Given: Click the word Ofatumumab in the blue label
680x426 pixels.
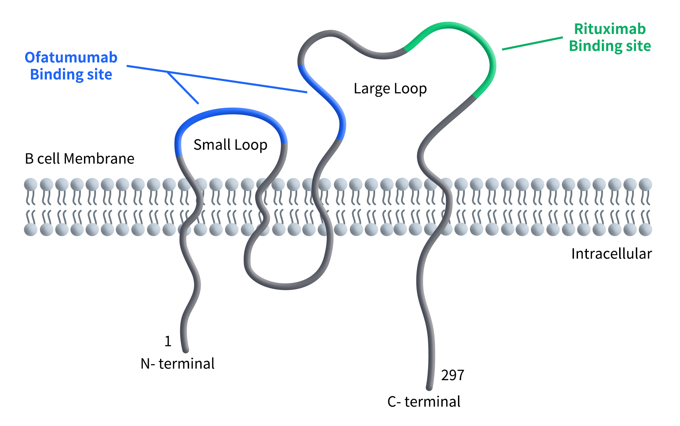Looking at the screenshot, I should tap(71, 57).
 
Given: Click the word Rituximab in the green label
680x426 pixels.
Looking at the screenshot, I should tap(610, 29).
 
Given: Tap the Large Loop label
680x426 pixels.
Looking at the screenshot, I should tap(390, 89).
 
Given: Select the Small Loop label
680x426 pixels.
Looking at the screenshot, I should tap(230, 145).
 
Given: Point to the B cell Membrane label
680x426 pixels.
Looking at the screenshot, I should tap(80, 159).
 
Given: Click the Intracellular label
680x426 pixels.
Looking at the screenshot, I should tap(611, 254).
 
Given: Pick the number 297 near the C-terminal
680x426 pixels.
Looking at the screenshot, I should tap(452, 375).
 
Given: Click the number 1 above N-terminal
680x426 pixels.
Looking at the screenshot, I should tap(168, 341).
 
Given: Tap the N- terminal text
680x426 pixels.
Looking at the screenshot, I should tap(177, 364).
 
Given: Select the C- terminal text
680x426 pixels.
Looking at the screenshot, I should tap(424, 402).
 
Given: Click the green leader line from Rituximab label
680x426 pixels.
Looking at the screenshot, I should tap(532, 43).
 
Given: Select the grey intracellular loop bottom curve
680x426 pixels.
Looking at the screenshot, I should tap(286, 286).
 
